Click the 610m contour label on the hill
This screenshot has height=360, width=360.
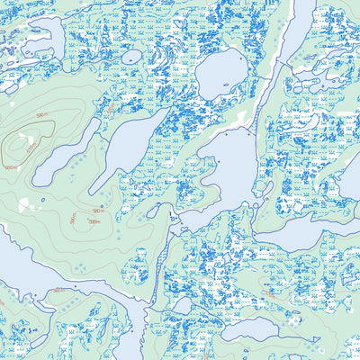pyautogui.click(x=31, y=147)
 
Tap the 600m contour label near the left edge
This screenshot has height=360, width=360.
pyautogui.click(x=11, y=167)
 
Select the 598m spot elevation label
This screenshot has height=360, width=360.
pyautogui.click(x=94, y=221)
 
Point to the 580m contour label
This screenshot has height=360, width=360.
pyautogui.click(x=58, y=290)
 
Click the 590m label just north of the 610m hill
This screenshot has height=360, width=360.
pyautogui.click(x=41, y=115)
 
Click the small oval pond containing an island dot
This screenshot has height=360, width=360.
pyautogui.click(x=132, y=57)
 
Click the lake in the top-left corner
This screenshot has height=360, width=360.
pyautogui.click(x=27, y=40)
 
